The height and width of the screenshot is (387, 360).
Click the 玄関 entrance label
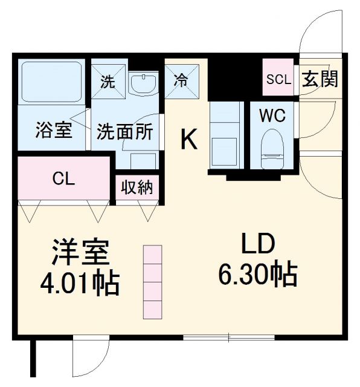[320, 79]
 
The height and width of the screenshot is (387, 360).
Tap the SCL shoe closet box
[278, 79]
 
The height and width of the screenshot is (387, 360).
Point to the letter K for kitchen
[189, 140]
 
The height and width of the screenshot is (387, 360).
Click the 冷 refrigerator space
[179, 80]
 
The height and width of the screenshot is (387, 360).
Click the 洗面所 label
[125, 132]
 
